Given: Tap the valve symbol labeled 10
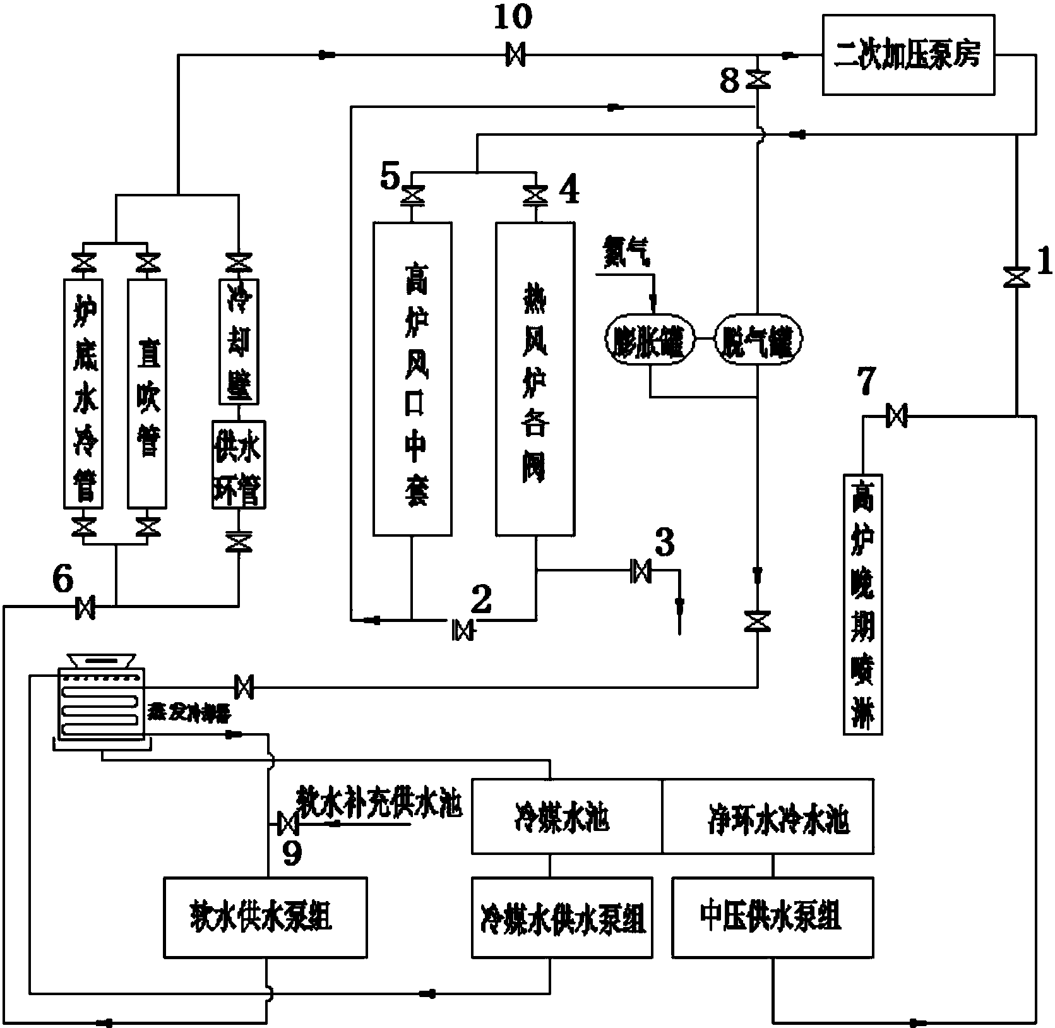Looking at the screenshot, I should coord(515,56).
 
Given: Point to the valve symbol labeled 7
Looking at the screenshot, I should coord(897,415).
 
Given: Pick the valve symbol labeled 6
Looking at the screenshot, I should coord(85,607).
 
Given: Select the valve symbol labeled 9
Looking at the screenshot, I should coord(288,823).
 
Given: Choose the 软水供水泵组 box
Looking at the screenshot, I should coord(265,917).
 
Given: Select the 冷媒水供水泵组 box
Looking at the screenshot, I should coord(562,917).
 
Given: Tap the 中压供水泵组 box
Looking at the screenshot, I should coord(772,917).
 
